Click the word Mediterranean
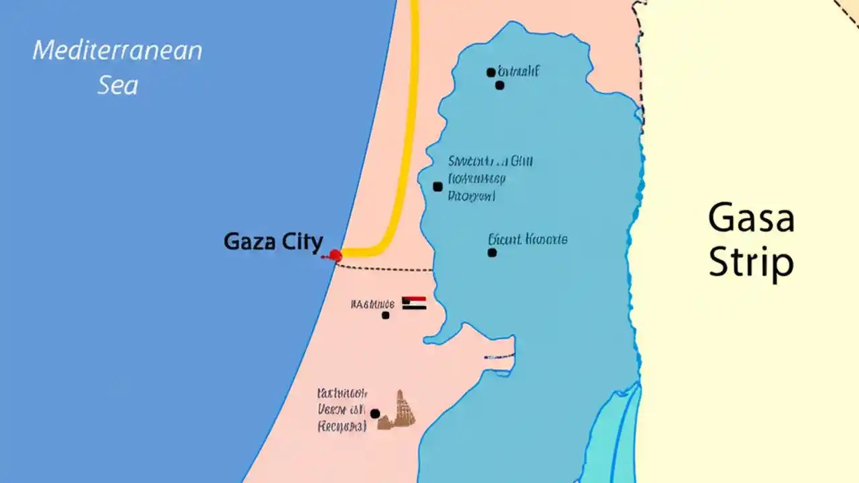pos(117,51)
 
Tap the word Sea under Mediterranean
pos(118,85)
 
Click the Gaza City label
pos(273,241)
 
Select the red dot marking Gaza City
pos(336,255)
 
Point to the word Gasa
pos(751,219)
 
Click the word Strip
pos(751,263)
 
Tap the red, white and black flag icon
pos(414,303)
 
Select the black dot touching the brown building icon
pos(375,413)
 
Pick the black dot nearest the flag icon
pos(386,315)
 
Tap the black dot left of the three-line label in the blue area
pos(438,186)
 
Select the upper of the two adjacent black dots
pos(491,72)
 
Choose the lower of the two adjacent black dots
pos(499,85)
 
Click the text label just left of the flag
pos(372,304)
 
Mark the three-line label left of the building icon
pos(342,409)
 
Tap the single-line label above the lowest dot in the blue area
pos(527,239)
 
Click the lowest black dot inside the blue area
pos(492,253)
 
